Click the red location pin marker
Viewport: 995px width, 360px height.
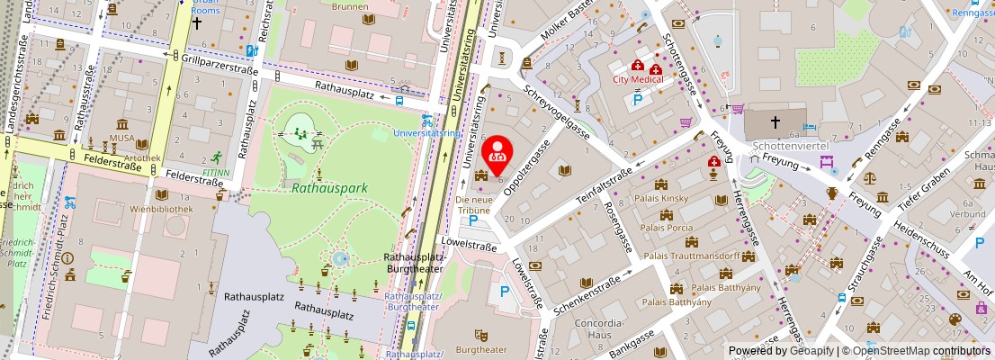click(x=497, y=153)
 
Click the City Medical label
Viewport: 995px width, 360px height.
click(x=638, y=79)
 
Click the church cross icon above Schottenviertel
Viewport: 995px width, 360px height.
click(x=775, y=121)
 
